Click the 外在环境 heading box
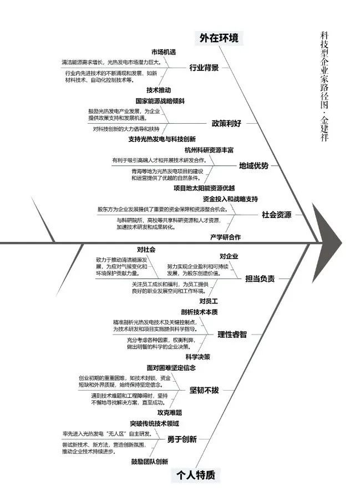[219, 38]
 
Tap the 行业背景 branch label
[204, 68]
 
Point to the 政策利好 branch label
[226, 123]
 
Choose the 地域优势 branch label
[253, 165]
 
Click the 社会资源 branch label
[276, 215]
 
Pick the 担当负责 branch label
[260, 279]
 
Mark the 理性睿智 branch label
[232, 334]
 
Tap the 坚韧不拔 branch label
[204, 390]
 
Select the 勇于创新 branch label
[181, 439]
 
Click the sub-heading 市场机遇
[163, 52]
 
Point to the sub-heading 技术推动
[159, 90]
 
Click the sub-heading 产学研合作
[225, 237]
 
